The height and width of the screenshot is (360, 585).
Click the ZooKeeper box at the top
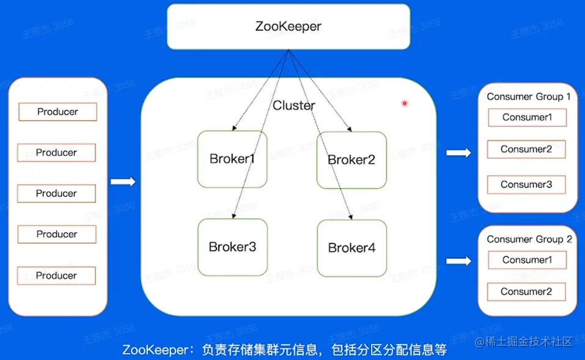pyautogui.click(x=288, y=26)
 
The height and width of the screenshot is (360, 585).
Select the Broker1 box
pyautogui.click(x=232, y=160)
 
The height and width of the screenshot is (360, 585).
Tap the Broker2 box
pyautogui.click(x=351, y=160)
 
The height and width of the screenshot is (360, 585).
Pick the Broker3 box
pyautogui.click(x=232, y=247)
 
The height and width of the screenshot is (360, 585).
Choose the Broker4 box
pyautogui.click(x=351, y=248)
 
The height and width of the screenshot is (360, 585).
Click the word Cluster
pyautogui.click(x=294, y=106)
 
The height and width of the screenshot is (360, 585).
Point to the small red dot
pyautogui.click(x=404, y=103)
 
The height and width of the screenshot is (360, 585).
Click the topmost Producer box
pyautogui.click(x=57, y=112)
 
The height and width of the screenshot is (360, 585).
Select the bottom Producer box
pyautogui.click(x=56, y=276)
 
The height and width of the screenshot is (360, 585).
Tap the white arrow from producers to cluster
pyautogui.click(x=123, y=182)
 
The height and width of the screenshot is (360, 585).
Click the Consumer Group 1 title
pyautogui.click(x=529, y=97)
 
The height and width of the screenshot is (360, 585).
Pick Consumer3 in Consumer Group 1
pyautogui.click(x=526, y=185)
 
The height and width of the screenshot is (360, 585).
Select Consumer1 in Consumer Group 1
pyautogui.click(x=527, y=117)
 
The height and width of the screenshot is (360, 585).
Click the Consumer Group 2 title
pyautogui.click(x=529, y=239)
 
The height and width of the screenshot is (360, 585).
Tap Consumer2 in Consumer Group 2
pyautogui.click(x=526, y=292)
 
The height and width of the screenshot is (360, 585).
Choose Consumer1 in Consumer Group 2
pyautogui.click(x=527, y=260)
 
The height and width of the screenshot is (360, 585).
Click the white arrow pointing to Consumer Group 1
pyautogui.click(x=458, y=153)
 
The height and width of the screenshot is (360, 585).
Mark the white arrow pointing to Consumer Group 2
pyautogui.click(x=458, y=262)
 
